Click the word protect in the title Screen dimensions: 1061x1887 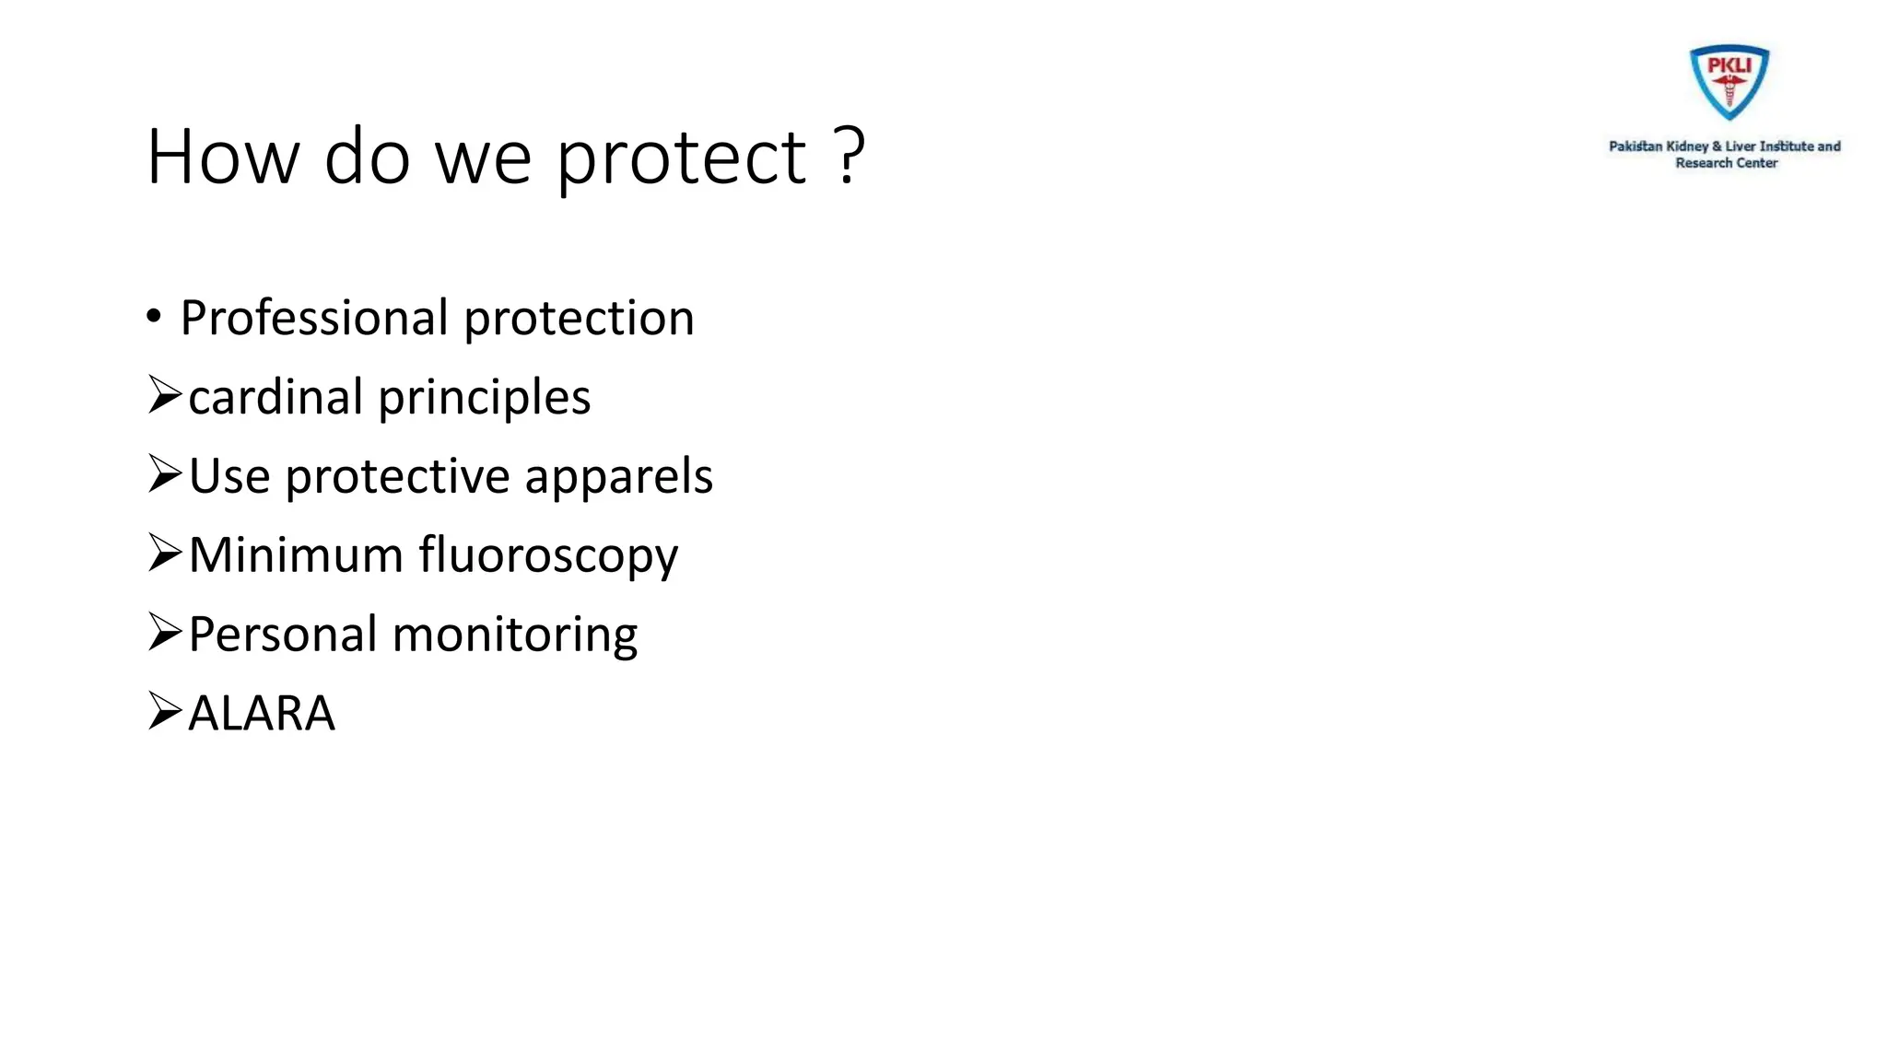tap(682, 158)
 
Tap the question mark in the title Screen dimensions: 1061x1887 tap(850, 155)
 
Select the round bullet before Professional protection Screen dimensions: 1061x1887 tap(154, 317)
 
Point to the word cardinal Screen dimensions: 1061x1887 tap(275, 398)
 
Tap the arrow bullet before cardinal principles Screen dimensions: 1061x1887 tap(165, 395)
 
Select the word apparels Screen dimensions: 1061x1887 tap(619, 477)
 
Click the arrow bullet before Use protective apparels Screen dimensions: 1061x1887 tap(165, 474)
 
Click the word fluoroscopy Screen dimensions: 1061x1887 tap(549, 557)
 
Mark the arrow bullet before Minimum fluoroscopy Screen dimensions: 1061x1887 tap(165, 554)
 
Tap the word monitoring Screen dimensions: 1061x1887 tap(515, 635)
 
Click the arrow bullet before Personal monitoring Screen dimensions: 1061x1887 tap(165, 633)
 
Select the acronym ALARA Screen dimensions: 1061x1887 tap(262, 714)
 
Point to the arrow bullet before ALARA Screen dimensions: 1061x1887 tap(165, 711)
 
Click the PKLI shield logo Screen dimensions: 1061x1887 tap(1729, 82)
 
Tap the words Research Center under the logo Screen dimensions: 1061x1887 tap(1726, 163)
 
